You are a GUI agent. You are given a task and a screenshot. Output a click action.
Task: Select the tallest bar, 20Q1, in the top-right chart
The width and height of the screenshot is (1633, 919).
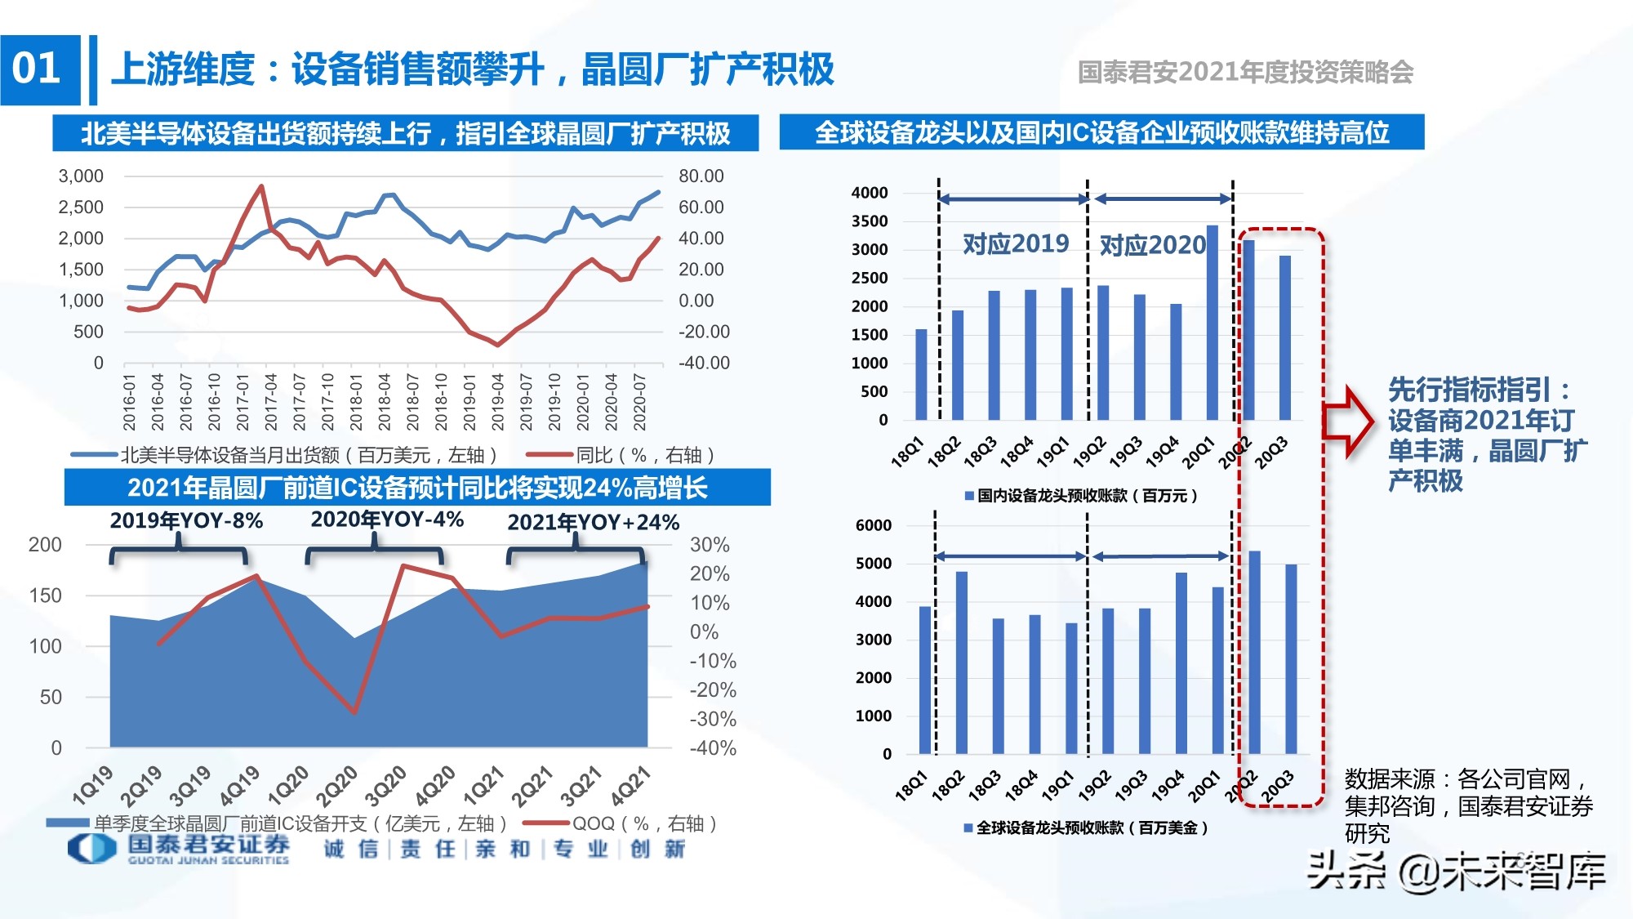1212,323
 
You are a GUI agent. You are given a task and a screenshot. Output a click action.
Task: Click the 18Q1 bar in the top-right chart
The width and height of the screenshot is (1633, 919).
921,374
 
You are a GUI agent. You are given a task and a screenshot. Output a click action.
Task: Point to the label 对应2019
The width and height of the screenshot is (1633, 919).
1015,243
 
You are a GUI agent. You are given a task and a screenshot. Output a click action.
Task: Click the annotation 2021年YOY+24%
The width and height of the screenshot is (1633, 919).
593,523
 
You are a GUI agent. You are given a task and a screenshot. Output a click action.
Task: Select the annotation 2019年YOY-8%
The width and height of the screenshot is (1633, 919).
186,521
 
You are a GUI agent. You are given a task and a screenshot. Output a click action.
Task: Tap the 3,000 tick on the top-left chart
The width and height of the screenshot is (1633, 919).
81,176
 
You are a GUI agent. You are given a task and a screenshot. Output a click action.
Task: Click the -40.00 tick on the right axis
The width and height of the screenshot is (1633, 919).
704,363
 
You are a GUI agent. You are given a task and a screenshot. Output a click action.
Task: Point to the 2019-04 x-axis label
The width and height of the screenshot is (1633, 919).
497,402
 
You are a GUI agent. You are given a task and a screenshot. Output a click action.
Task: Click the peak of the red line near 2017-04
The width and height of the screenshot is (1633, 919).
261,186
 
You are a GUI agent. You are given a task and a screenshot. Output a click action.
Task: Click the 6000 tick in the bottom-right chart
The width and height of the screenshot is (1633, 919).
873,525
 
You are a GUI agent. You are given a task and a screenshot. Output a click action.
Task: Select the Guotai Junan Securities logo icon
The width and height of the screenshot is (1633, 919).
91,848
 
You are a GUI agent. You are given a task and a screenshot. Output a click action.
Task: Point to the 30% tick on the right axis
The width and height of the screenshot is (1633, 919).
709,545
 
